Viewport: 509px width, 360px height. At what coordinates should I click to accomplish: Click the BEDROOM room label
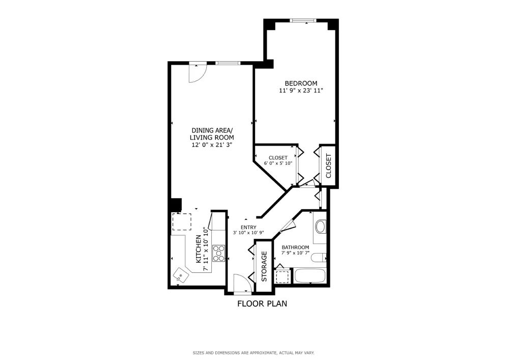pos(301,84)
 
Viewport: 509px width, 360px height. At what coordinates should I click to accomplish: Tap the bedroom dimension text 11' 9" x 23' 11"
pos(301,91)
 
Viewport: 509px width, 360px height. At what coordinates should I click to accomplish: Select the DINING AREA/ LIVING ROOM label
pos(212,134)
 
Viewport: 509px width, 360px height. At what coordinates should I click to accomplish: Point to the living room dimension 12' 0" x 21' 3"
pos(212,145)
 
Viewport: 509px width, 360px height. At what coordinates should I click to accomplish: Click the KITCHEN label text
pos(199,249)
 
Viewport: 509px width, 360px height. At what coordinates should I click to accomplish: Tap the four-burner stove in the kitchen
pos(219,253)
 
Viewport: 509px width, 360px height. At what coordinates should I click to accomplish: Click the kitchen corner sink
pos(181,276)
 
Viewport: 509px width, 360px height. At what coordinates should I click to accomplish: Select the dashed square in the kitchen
pos(182,221)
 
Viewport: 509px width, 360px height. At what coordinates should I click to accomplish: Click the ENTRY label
pos(248,227)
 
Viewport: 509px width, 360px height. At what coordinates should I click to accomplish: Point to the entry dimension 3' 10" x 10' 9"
pos(248,232)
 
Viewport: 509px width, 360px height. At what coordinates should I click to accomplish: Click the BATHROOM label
pos(295,247)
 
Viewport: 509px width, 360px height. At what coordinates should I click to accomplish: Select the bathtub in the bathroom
pos(309,276)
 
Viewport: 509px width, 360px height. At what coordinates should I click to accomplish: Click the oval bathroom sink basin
pos(321,227)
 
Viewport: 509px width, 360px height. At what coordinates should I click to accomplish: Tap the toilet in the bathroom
pos(319,258)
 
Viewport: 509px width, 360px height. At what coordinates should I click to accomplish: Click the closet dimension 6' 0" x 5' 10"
pos(278,163)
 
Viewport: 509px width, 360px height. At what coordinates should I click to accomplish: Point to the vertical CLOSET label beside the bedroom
pos(328,165)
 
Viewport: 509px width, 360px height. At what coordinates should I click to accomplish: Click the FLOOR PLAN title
pos(262,304)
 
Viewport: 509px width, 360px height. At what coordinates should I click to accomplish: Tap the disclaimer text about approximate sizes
pos(253,353)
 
